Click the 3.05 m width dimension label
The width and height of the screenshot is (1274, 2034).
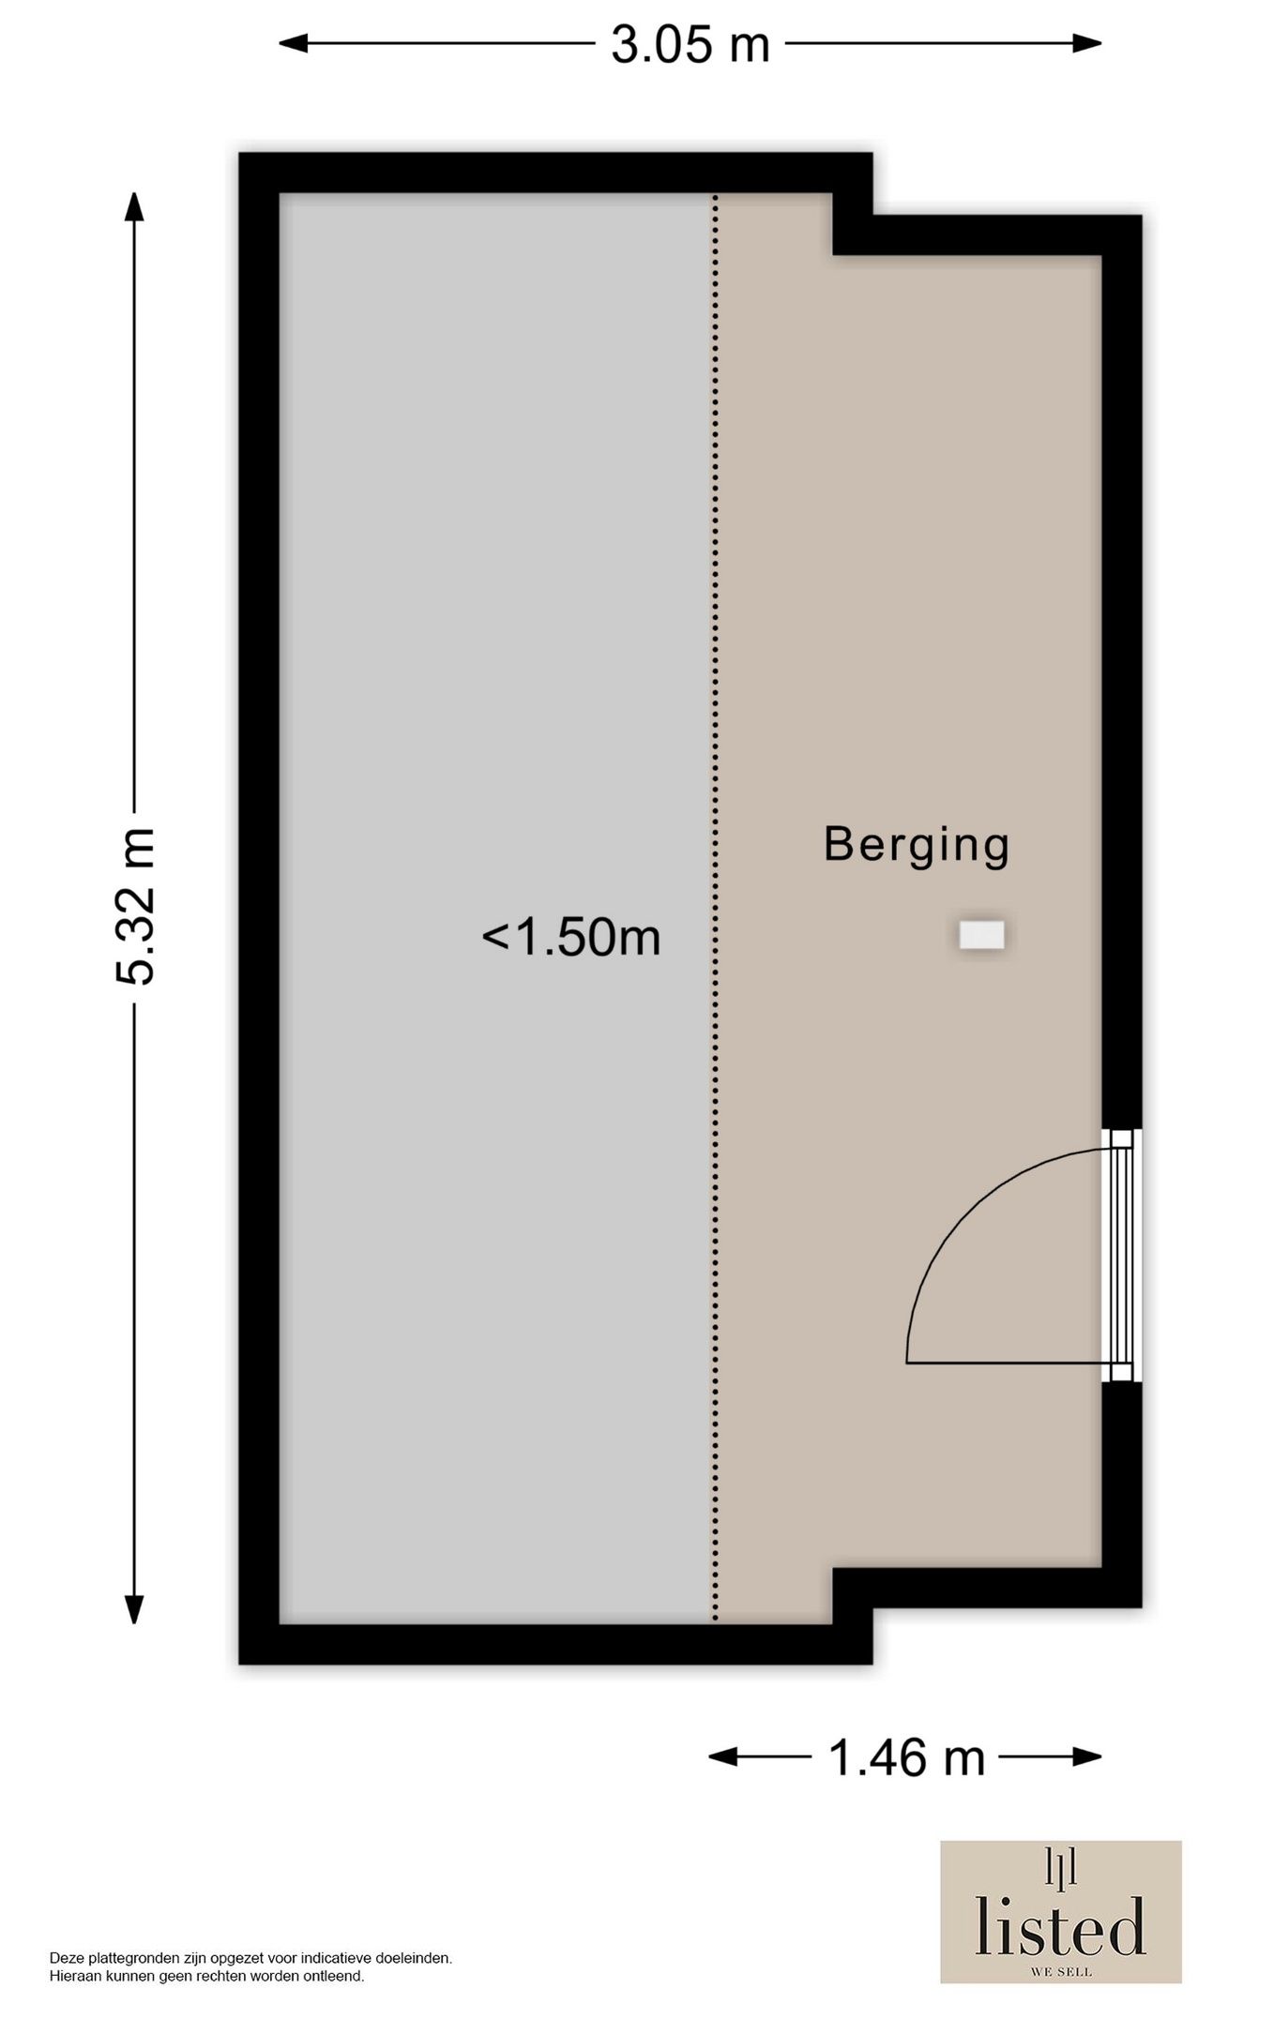click(x=690, y=44)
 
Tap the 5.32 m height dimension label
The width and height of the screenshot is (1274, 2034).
click(x=134, y=906)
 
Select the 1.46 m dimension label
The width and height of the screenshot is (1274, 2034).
click(x=906, y=1757)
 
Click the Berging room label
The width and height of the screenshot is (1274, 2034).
click(x=916, y=845)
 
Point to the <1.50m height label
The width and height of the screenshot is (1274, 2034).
click(x=571, y=937)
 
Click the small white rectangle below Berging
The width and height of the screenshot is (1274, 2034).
click(x=981, y=935)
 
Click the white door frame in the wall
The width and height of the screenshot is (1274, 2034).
click(x=1121, y=1255)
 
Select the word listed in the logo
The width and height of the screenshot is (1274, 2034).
click(x=1060, y=1927)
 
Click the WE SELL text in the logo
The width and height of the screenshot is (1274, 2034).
click(x=1061, y=1971)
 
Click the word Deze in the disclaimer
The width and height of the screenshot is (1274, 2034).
click(x=66, y=1958)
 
